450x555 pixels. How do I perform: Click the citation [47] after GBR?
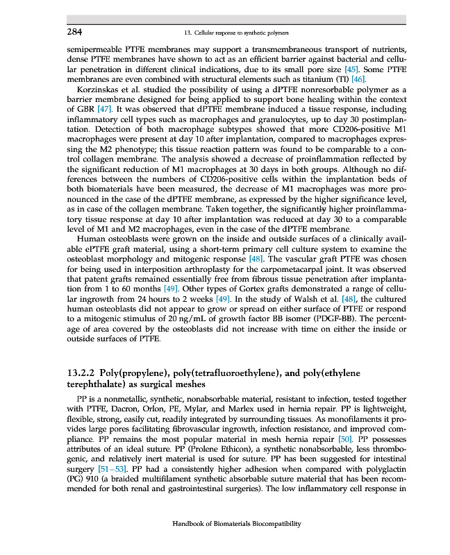(104, 109)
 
